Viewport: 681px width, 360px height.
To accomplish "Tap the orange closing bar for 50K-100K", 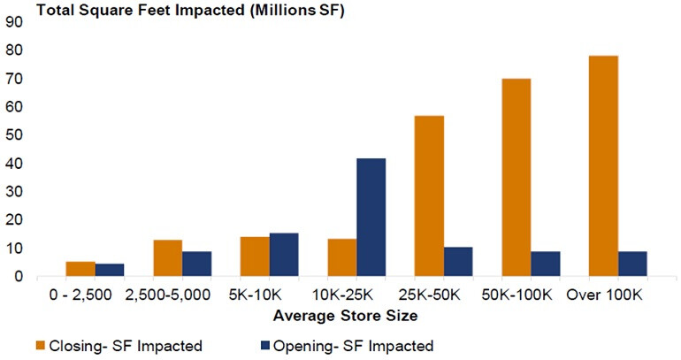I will point(516,178).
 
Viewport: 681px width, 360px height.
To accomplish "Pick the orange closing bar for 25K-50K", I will point(429,196).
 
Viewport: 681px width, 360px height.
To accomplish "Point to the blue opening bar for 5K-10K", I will point(284,255).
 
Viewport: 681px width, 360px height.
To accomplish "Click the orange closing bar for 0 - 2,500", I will point(80,269).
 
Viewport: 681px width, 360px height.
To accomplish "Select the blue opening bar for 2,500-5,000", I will point(196,264).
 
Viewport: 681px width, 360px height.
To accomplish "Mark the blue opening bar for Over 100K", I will point(632,264).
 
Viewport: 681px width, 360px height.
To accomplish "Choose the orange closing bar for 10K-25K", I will point(342,257).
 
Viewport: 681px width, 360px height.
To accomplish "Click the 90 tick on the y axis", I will point(13,23).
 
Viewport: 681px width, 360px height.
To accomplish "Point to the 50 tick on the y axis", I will point(13,135).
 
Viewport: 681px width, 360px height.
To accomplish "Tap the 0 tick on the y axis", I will point(17,276).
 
